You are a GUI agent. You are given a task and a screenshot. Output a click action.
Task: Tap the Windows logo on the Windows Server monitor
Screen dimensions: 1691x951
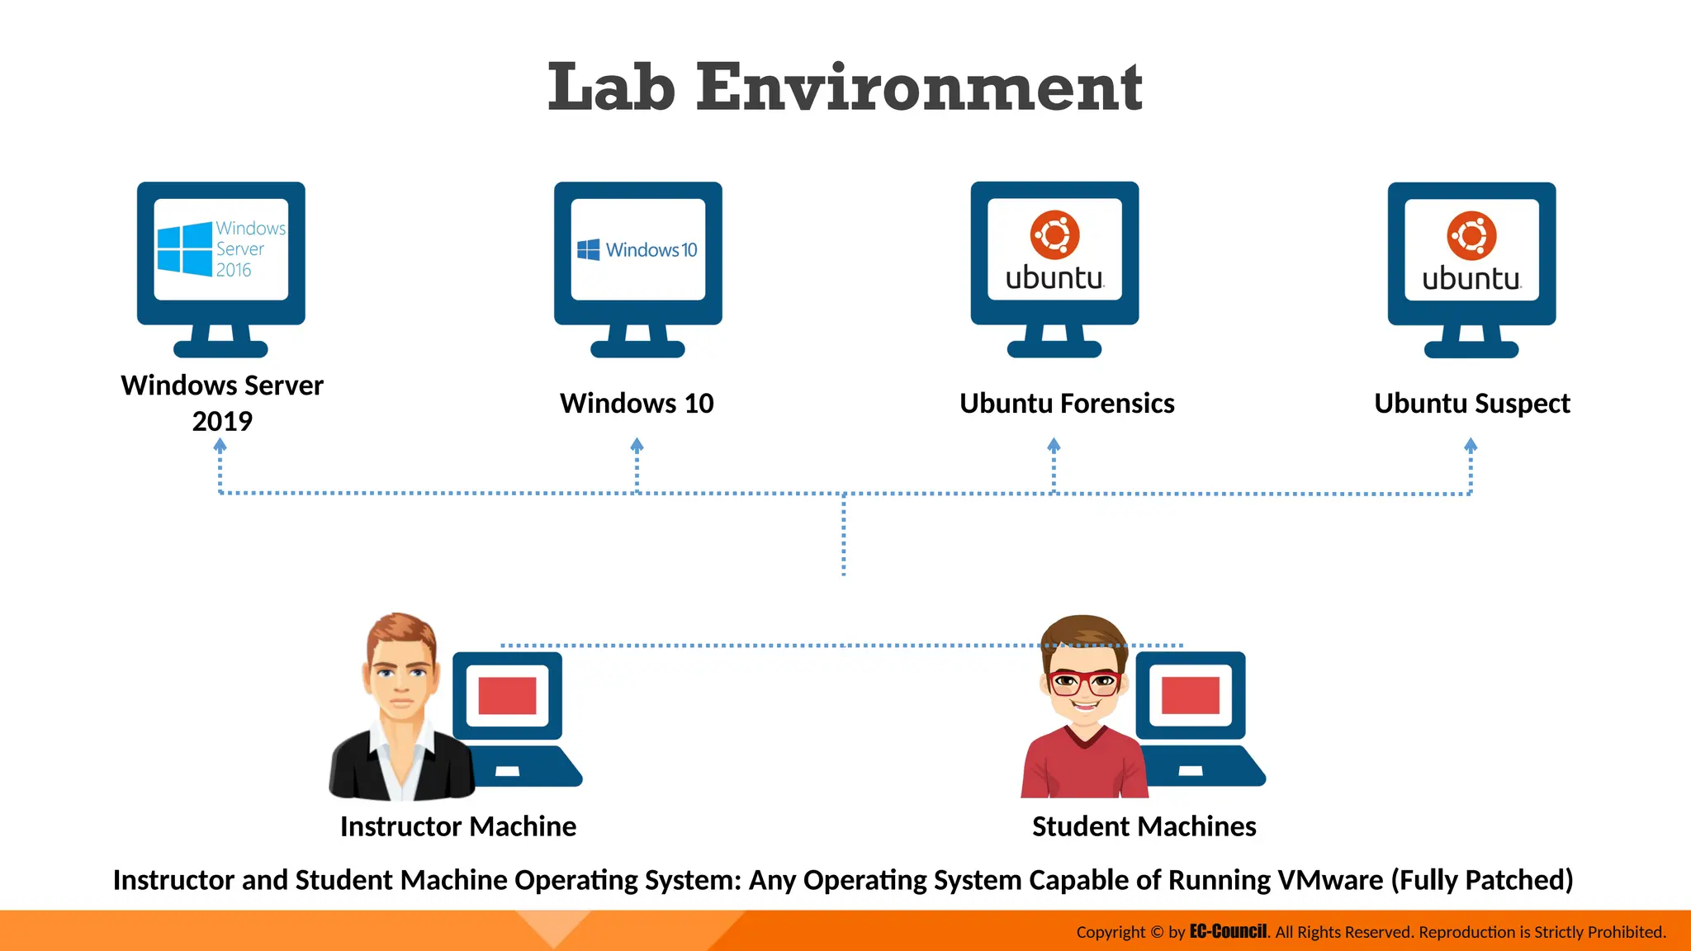click(x=184, y=248)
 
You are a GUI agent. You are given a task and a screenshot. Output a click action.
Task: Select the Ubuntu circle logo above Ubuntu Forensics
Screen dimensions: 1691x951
click(x=1054, y=235)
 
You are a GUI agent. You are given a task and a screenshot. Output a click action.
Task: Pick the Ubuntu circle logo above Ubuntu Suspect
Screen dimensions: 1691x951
click(x=1471, y=236)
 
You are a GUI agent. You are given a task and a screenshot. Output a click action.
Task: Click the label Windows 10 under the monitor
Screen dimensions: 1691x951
click(x=637, y=403)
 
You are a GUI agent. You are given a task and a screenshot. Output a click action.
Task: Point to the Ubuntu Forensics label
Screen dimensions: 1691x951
click(x=1067, y=403)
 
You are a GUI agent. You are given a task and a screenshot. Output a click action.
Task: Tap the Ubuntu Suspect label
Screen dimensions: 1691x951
click(x=1472, y=404)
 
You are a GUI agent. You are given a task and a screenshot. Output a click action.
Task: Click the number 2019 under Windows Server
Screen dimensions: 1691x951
click(x=222, y=421)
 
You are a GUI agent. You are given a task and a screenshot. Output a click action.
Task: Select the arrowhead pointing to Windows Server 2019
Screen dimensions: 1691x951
click(x=220, y=445)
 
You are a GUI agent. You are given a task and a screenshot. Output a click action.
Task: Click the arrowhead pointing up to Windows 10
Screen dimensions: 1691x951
click(x=637, y=445)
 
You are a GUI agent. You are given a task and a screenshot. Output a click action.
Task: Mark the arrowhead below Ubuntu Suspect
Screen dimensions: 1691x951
click(x=1471, y=445)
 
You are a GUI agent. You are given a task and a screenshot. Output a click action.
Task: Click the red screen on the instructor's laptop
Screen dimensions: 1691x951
click(x=507, y=695)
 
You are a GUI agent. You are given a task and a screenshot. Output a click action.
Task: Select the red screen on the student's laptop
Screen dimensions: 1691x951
click(x=1190, y=695)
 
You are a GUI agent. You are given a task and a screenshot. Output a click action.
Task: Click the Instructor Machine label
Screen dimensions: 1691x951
click(x=458, y=826)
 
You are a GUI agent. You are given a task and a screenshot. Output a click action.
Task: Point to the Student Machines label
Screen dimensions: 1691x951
click(x=1144, y=826)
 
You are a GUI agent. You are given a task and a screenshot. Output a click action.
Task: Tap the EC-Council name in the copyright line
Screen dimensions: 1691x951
click(x=1228, y=931)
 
